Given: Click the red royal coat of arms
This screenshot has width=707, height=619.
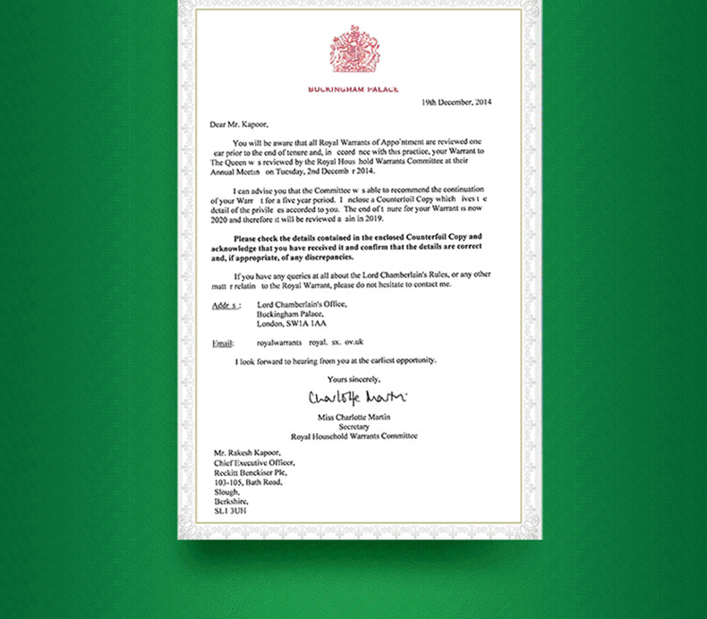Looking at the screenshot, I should (353, 48).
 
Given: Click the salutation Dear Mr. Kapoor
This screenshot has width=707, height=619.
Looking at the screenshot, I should (239, 125).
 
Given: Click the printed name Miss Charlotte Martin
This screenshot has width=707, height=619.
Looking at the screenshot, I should (354, 418).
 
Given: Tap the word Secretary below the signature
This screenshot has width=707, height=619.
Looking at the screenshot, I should (354, 427).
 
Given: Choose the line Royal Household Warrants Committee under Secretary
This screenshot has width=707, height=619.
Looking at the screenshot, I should (354, 436).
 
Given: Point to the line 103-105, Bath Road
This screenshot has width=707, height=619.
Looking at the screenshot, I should (248, 482).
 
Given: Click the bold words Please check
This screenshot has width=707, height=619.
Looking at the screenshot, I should (256, 238).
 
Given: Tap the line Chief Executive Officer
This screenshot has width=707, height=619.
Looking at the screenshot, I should (253, 464).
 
